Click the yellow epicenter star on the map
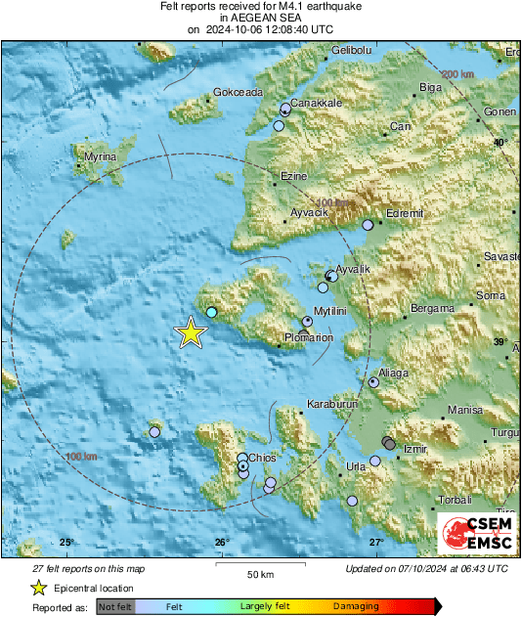pos(191,333)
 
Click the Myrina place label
pos(101,156)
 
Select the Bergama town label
pos(433,308)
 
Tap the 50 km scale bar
pos(258,565)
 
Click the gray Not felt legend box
pos(114,607)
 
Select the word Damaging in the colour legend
pos(356,607)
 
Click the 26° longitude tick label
pos(222,543)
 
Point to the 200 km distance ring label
pos(458,74)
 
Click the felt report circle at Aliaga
pos(373,383)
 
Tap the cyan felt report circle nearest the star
pos(211,312)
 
